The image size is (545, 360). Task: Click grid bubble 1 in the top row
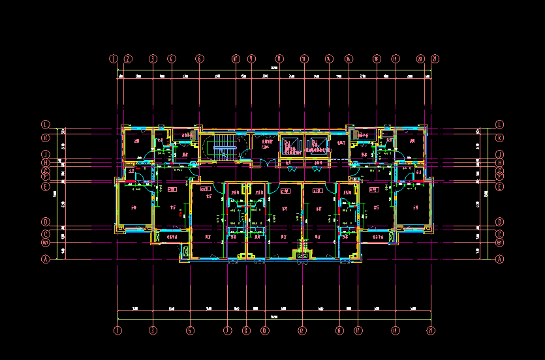click(x=114, y=59)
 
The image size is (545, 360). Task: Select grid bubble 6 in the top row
click(x=199, y=59)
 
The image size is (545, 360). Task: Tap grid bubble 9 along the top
click(x=251, y=59)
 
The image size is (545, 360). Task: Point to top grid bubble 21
click(x=435, y=59)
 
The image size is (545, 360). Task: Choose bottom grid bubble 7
click(x=228, y=331)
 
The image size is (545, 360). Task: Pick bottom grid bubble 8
click(x=246, y=331)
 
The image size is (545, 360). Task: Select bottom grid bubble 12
click(x=302, y=331)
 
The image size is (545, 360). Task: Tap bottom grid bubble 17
click(x=358, y=331)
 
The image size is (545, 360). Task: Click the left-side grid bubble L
click(x=46, y=124)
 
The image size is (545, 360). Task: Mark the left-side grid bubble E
click(x=46, y=186)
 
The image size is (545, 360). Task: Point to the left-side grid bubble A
click(x=46, y=259)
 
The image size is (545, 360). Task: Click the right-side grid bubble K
click(x=500, y=138)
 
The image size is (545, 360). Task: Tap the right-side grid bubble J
click(x=500, y=155)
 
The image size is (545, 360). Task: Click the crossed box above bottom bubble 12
click(x=302, y=255)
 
